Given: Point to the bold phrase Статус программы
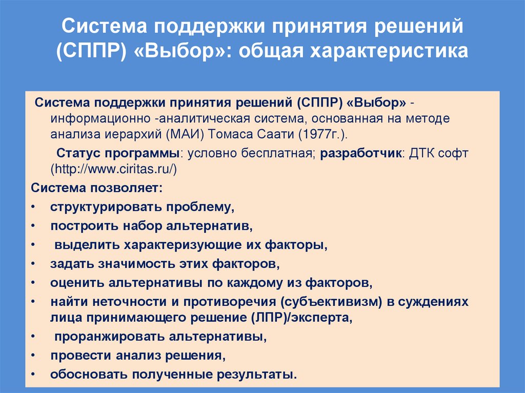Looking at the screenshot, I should click(118, 153).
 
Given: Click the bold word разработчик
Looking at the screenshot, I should click(362, 153).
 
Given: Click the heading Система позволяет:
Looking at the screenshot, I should click(96, 188).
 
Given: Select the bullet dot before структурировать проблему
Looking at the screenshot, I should click(33, 207).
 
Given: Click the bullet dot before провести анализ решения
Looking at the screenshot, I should click(33, 355).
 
